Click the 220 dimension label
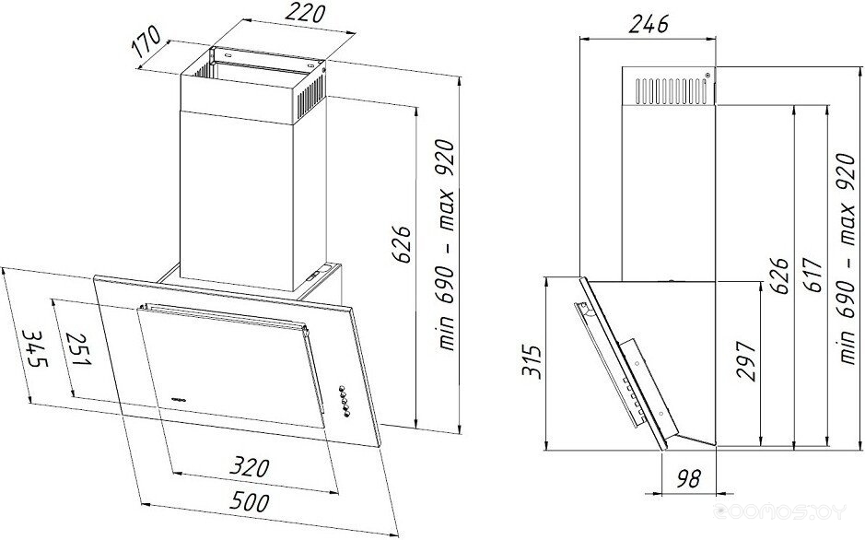pos(303,14)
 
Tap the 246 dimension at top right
pos(649,24)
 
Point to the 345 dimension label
pos(34,349)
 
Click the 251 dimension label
pos(77,349)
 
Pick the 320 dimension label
pos(250,467)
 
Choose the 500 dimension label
pos(250,502)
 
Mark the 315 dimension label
pos(532,361)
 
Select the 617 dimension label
pos(812,275)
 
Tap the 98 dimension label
pos(688,477)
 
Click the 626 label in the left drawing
pos(402,244)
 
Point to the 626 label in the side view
pos(779,276)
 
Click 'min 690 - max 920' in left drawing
pos(446,245)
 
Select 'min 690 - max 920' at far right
pos(847,259)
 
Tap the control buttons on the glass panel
pos(345,401)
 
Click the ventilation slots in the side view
pos(671,90)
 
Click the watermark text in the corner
pos(779,511)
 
